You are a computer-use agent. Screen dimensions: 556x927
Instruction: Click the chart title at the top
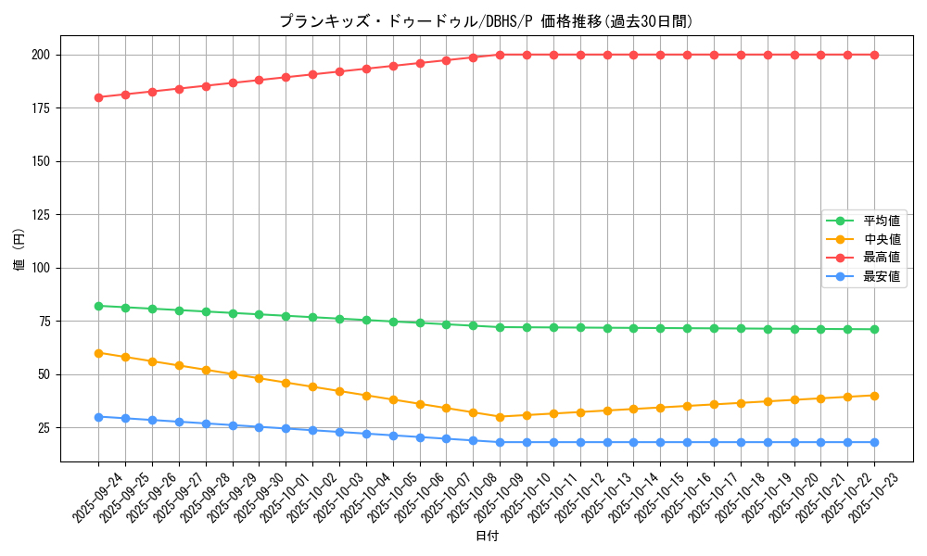[486, 21]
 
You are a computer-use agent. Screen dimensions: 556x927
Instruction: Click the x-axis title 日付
[486, 537]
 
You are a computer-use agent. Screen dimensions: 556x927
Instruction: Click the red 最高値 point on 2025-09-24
[98, 97]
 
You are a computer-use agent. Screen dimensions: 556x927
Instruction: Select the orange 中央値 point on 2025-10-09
[500, 417]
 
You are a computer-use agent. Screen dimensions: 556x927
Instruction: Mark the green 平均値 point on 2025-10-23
[874, 329]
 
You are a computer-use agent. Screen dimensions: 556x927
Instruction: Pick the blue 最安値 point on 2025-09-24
[98, 417]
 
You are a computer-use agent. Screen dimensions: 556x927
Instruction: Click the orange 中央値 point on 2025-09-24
[98, 353]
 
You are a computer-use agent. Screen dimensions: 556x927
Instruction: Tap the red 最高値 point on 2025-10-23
[874, 55]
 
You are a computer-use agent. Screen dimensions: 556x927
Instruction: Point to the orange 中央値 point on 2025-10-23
[874, 396]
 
